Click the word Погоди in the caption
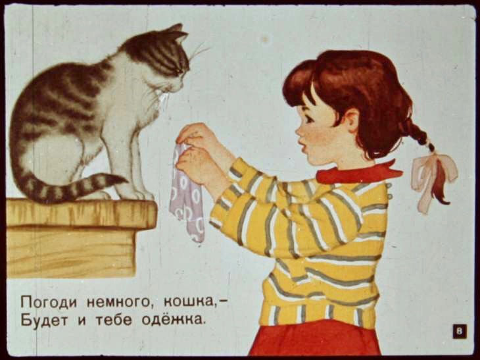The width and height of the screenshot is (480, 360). click(x=49, y=302)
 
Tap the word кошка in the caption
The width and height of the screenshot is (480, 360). click(x=189, y=302)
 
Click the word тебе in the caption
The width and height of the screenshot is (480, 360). click(x=114, y=320)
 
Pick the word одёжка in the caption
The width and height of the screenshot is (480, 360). click(x=173, y=320)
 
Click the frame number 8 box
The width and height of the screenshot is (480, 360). click(x=460, y=332)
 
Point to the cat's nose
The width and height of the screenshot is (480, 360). click(x=181, y=89)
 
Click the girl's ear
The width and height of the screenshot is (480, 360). click(x=352, y=120)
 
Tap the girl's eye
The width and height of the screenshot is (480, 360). click(x=307, y=118)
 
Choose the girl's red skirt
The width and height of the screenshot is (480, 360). click(x=316, y=340)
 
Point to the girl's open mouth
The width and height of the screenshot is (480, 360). click(x=303, y=148)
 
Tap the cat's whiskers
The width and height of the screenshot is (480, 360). click(x=199, y=51)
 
